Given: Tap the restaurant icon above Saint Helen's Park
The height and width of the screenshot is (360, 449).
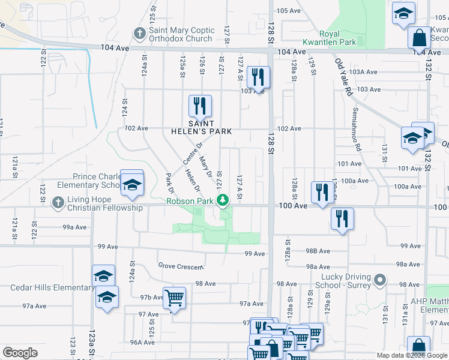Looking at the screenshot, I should coord(199,106).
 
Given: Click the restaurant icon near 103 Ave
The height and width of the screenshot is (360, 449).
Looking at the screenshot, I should coord(258,77).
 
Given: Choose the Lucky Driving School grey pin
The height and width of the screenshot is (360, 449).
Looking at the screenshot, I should coord(379,280).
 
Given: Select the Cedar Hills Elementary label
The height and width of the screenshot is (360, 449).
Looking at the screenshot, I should coord(53,287).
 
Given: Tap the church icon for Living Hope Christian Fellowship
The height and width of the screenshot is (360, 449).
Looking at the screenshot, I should coord(58,202).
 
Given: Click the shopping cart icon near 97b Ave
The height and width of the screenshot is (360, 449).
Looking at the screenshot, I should coord(173,297).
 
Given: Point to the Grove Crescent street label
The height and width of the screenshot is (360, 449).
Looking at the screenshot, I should coord(181,266).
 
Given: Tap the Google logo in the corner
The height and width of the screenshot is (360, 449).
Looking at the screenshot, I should coord(20,353).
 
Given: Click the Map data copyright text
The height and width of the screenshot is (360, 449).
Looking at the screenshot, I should coord(411,355).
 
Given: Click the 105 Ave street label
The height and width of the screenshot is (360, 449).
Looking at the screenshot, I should coord(288,11).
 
